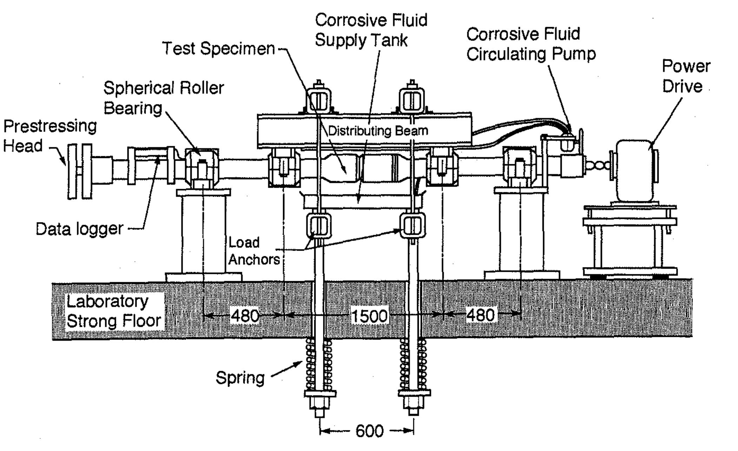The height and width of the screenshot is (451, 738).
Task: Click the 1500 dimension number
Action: click(x=369, y=316)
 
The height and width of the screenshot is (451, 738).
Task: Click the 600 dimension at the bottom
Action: click(x=369, y=431)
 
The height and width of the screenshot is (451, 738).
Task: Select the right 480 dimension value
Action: click(x=480, y=315)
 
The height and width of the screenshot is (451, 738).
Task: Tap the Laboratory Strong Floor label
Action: click(x=113, y=311)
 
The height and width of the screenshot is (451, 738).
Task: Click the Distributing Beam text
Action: click(x=378, y=131)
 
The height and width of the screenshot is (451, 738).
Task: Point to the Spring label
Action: click(x=240, y=378)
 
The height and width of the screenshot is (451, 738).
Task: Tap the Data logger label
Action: click(x=80, y=229)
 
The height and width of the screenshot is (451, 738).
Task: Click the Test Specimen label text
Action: click(x=218, y=48)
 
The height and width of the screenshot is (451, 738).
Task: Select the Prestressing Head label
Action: click(x=49, y=136)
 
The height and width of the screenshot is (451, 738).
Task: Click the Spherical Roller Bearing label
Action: click(x=163, y=98)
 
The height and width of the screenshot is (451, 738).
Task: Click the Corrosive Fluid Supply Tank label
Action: click(x=371, y=30)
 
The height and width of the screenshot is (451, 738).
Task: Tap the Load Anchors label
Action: click(x=253, y=251)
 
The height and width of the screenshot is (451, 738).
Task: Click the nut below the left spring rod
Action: click(x=319, y=404)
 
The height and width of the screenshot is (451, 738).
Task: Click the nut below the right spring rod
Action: click(x=414, y=404)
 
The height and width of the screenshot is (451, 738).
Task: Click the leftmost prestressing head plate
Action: click(x=72, y=171)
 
